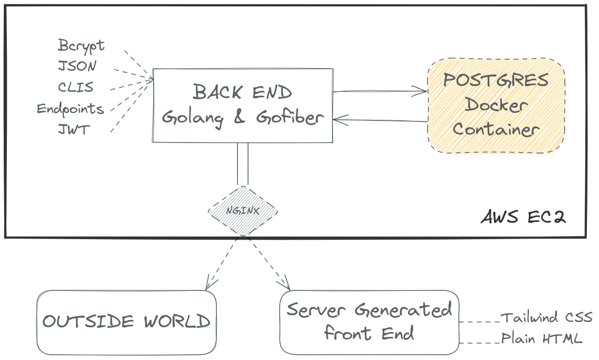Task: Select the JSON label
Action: pyautogui.click(x=77, y=66)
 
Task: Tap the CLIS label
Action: pyautogui.click(x=75, y=87)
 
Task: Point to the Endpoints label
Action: pyautogui.click(x=70, y=109)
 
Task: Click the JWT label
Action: pyautogui.click(x=74, y=129)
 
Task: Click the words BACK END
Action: pyautogui.click(x=242, y=92)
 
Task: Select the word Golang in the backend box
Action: pyautogui.click(x=193, y=117)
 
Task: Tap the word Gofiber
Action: pyautogui.click(x=290, y=117)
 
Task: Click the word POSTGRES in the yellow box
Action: pyautogui.click(x=496, y=80)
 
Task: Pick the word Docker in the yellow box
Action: pyautogui.click(x=496, y=105)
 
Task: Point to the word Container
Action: pyautogui.click(x=496, y=129)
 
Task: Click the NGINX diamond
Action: pyautogui.click(x=243, y=211)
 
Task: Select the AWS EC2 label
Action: pyautogui.click(x=523, y=217)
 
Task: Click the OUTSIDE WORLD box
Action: pyautogui.click(x=127, y=322)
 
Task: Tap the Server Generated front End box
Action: pyautogui.click(x=369, y=322)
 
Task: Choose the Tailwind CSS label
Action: pyautogui.click(x=547, y=318)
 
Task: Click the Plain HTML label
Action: pyautogui.click(x=541, y=338)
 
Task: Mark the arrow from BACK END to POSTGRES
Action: pyautogui.click(x=380, y=91)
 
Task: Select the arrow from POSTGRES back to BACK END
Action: pyautogui.click(x=380, y=120)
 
